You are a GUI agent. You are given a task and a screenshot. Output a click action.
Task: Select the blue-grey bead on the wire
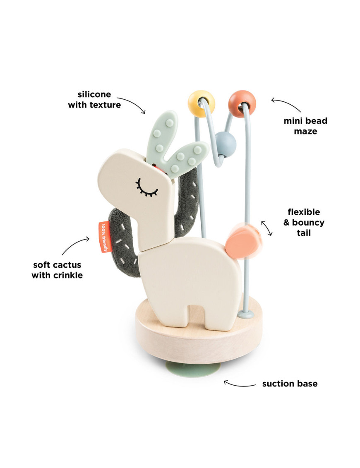click(x=226, y=143)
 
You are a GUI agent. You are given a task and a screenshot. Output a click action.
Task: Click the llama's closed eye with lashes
click(x=146, y=188)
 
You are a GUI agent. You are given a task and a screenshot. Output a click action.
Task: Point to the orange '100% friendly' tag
click(x=103, y=236)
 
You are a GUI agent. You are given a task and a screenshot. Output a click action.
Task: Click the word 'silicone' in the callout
click(x=94, y=95)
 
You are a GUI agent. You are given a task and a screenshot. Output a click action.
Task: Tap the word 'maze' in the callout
click(x=305, y=131)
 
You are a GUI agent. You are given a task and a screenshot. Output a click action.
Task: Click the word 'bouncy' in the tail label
click(x=308, y=223)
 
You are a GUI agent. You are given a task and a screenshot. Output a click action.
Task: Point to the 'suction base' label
click(x=290, y=384)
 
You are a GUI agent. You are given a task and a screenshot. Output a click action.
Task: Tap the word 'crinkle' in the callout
click(x=67, y=275)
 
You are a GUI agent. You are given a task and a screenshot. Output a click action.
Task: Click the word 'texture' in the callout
click(x=106, y=105)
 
